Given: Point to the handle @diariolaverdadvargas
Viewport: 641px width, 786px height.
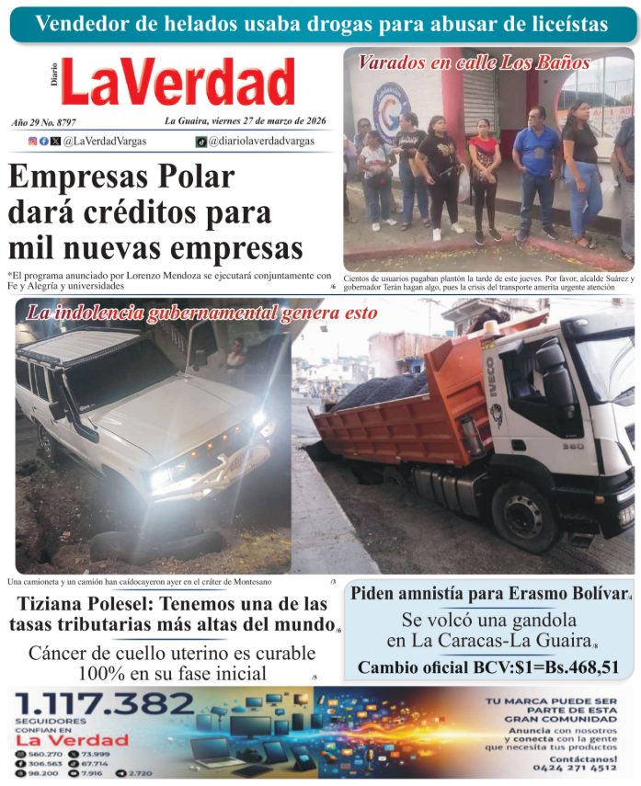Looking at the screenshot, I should [x=260, y=142].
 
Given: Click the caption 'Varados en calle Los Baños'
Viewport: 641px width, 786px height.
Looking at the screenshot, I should [x=474, y=63].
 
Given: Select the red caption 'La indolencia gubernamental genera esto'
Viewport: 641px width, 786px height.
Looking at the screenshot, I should [x=201, y=313].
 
